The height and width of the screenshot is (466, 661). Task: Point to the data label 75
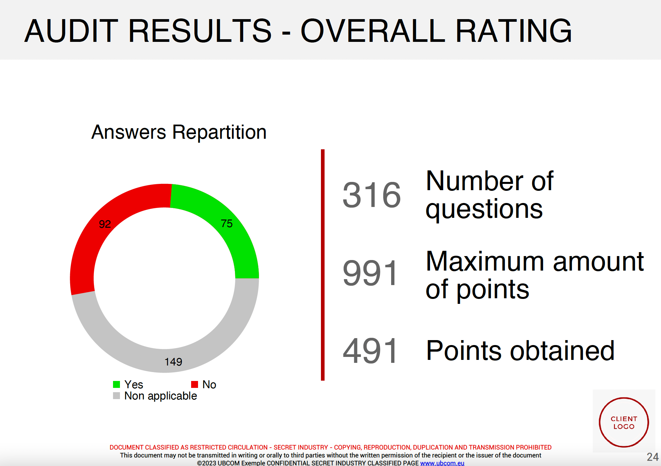pos(227,223)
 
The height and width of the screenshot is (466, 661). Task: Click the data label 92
pos(105,224)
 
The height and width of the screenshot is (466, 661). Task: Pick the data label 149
pos(173,362)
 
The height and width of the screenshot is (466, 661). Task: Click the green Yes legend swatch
pos(116,384)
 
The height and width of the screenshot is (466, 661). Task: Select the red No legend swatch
pos(194,384)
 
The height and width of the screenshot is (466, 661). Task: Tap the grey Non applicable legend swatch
pos(116,395)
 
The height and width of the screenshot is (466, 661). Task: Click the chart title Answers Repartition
pos(179,132)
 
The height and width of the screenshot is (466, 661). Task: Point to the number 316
pos(372,195)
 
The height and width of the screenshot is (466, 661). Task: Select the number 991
pos(371,273)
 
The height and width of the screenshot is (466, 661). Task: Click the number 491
pos(371,351)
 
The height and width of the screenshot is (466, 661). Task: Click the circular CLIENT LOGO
pos(624,422)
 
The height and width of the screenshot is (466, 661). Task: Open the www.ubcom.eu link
pos(442,463)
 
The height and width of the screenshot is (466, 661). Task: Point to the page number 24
pos(652,457)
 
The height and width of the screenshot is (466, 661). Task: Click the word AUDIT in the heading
pos(71,31)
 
